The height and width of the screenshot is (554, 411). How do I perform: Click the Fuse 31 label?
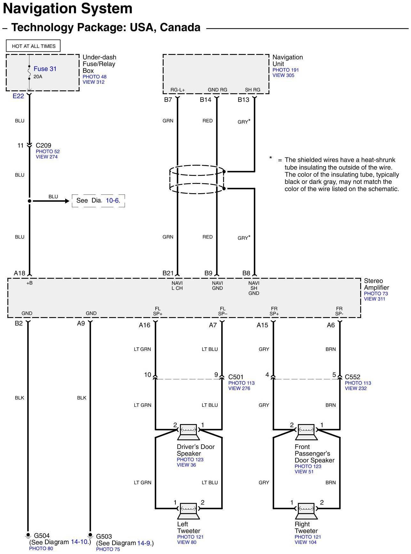tap(45, 69)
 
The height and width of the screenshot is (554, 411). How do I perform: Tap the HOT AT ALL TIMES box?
tap(33, 46)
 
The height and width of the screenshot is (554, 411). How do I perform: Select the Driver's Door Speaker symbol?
tap(189, 432)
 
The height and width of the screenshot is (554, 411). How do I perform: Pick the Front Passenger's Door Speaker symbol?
tap(306, 432)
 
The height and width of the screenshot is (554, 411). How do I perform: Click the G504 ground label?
tap(42, 535)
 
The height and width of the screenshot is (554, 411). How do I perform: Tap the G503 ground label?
tap(104, 536)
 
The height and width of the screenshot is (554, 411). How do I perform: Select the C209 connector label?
tap(43, 145)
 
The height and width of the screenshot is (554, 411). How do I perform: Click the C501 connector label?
tap(236, 377)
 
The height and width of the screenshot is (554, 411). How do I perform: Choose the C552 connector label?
tap(353, 377)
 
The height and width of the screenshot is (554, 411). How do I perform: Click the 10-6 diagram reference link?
tap(113, 201)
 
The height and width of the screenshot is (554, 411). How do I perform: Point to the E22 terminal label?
tap(18, 96)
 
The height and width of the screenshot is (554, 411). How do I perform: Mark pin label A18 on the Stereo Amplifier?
tap(19, 273)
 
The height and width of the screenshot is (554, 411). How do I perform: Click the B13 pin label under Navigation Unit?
tap(243, 100)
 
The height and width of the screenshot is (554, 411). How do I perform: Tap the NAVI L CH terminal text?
tap(177, 285)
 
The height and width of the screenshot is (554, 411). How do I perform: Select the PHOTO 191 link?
tap(285, 70)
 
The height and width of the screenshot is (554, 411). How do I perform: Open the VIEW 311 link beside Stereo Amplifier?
tap(374, 299)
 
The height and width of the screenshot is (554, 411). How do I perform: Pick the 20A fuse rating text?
tap(38, 77)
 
